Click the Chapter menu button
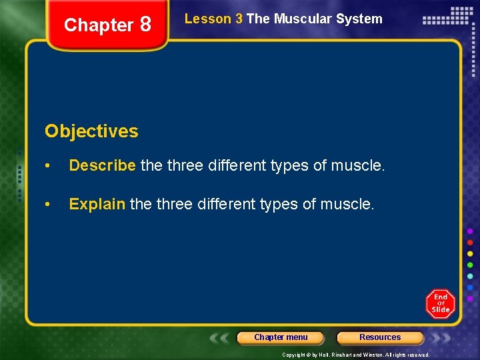tap(281, 337)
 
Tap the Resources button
tap(380, 337)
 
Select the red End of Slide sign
tap(441, 303)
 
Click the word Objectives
tap(91, 131)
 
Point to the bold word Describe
tap(103, 165)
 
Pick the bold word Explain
tap(97, 204)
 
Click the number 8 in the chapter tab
tap(145, 25)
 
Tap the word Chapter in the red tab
tap(99, 25)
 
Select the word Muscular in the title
tap(303, 19)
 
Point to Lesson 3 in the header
tap(213, 19)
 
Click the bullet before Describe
tap(48, 166)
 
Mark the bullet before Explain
tap(48, 205)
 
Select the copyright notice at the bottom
tap(355, 355)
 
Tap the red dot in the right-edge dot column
tap(470, 242)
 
